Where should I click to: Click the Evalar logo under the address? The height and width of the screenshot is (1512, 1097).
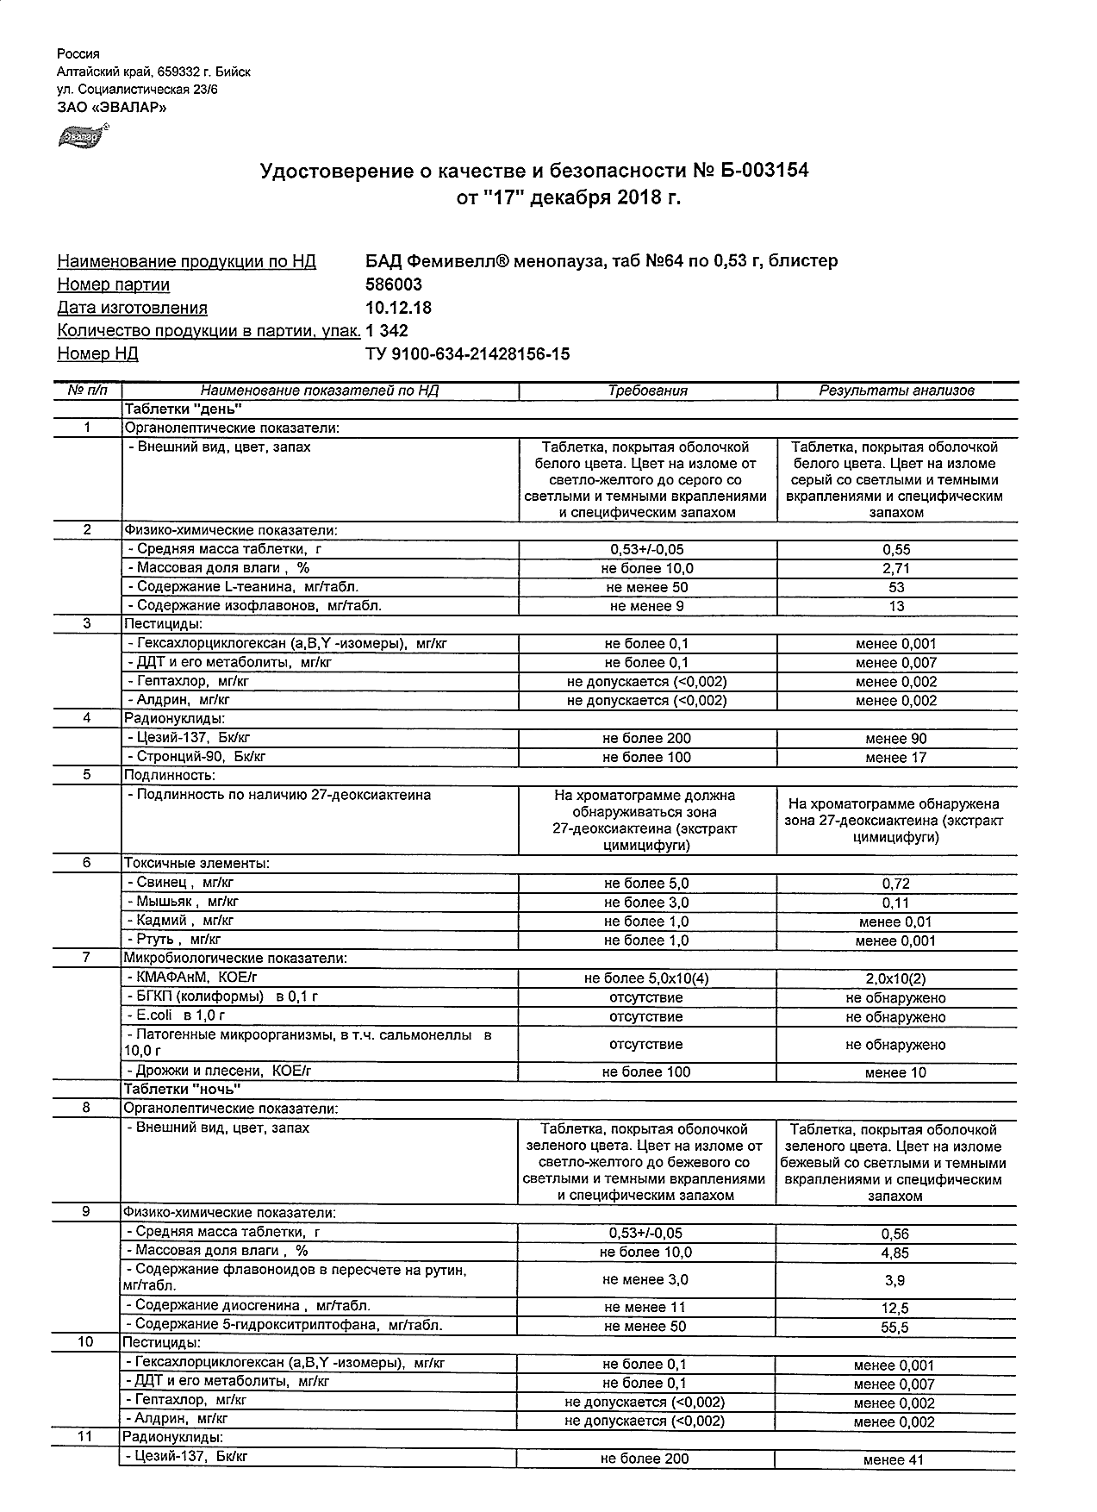[x=80, y=136]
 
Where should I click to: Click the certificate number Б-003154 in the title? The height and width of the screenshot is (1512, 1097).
[x=764, y=171]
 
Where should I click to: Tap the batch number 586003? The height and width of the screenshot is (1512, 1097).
[x=394, y=284]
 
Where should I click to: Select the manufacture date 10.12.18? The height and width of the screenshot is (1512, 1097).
[x=399, y=308]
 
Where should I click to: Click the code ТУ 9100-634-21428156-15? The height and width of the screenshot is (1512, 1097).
[x=467, y=353]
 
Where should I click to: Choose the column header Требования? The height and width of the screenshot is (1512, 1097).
[x=647, y=390]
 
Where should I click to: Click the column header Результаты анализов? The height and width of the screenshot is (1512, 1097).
[x=896, y=390]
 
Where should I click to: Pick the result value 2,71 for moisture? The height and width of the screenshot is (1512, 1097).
[x=896, y=569]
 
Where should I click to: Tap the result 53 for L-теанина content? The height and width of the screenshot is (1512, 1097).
[x=896, y=588]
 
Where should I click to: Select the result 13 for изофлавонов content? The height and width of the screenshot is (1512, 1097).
[x=896, y=606]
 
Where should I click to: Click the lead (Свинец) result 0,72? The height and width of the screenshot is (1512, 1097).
[x=896, y=884]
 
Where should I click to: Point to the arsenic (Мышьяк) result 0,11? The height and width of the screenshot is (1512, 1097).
[x=896, y=903]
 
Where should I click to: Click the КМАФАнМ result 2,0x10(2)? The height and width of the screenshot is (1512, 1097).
[x=896, y=978]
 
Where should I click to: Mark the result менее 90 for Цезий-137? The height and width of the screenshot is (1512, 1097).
[x=896, y=739]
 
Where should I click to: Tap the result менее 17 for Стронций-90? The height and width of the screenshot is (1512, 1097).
[x=896, y=758]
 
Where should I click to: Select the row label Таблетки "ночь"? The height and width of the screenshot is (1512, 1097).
[x=182, y=1090]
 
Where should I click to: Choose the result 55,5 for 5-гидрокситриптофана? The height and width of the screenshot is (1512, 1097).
[x=894, y=1328]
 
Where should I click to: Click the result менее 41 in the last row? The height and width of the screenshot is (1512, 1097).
[x=894, y=1460]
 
